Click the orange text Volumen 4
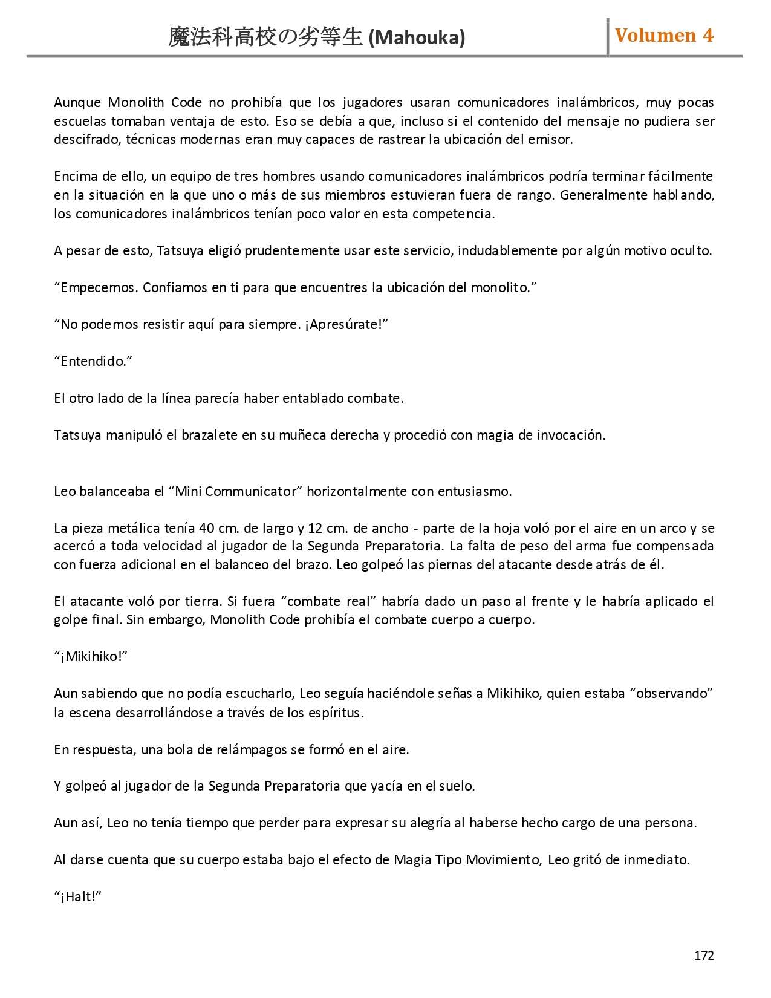click(x=664, y=36)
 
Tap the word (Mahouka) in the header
click(x=417, y=38)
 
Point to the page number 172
click(x=704, y=955)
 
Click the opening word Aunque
click(x=78, y=102)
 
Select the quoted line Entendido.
click(x=93, y=361)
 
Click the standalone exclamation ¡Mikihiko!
click(x=91, y=657)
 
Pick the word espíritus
click(x=334, y=713)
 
